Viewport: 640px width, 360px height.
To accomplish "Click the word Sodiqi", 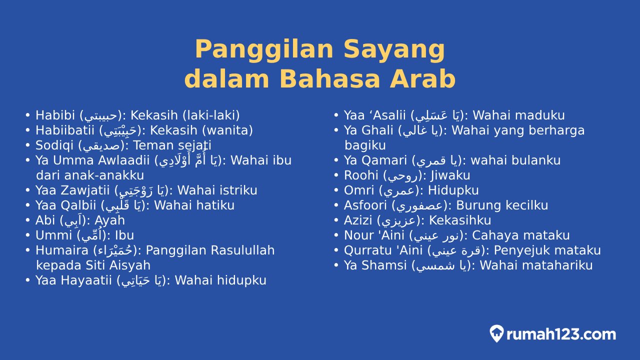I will point(54,145).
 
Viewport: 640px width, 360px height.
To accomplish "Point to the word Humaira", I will point(62,250).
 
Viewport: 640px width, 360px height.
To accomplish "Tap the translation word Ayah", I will point(109,220).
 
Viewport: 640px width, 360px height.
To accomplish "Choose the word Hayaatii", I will point(86,280).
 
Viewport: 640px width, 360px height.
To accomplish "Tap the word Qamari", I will point(384,160).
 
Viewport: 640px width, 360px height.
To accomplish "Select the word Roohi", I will point(361,175).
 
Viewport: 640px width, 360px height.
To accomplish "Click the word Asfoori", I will point(365,205).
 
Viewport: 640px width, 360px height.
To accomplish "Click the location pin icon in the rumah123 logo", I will point(496,333).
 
